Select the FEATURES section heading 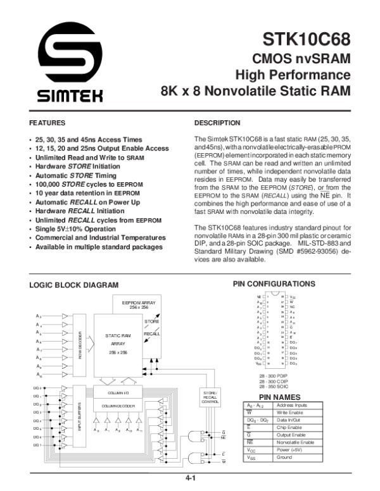click(x=48, y=122)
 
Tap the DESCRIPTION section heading click(x=217, y=122)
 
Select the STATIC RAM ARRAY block click(x=118, y=343)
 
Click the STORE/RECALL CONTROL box click(x=211, y=397)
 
